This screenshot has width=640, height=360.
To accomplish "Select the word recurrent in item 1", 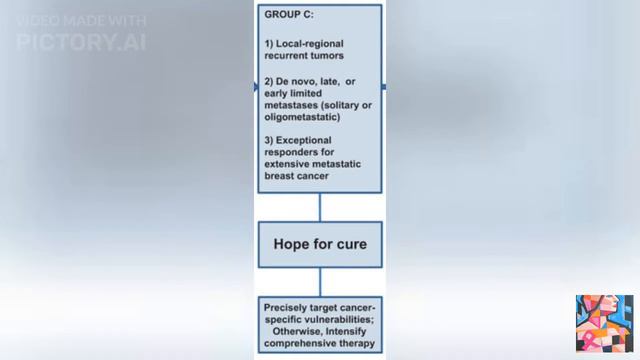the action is (x=290, y=56).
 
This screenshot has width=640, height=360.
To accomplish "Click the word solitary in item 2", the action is (x=349, y=105).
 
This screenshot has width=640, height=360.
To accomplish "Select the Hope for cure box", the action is (x=320, y=244).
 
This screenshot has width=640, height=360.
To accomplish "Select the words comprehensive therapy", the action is (x=320, y=343).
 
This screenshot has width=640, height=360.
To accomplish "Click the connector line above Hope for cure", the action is (x=320, y=207).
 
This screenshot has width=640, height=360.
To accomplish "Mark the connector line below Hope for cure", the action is (x=320, y=281).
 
